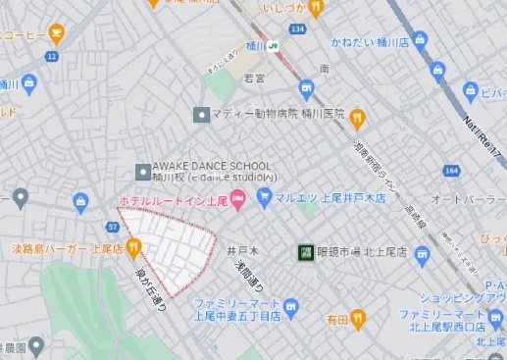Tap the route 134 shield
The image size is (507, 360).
pyautogui.click(x=298, y=30)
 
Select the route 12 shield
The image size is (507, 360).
pyautogui.click(x=51, y=57)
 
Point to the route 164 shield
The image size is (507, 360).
pyautogui.click(x=450, y=171)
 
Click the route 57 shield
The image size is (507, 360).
pyautogui.click(x=114, y=227)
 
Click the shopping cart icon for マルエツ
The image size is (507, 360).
pyautogui.click(x=263, y=197)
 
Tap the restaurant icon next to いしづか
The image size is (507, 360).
pyautogui.click(x=315, y=9)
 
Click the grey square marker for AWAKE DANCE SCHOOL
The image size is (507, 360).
pyautogui.click(x=142, y=170)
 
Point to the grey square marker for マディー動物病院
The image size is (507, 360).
pyautogui.click(x=202, y=114)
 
